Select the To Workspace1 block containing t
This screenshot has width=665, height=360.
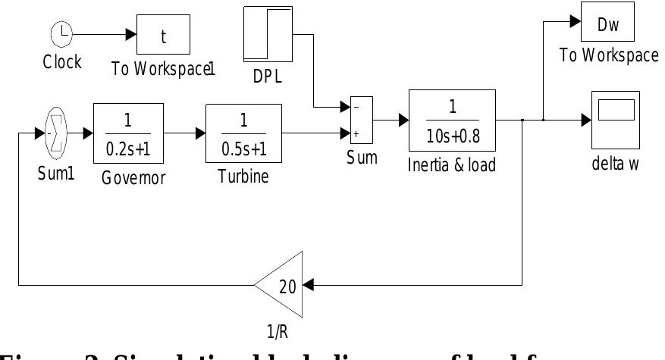point(162,33)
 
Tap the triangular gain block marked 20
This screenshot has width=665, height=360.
point(282,285)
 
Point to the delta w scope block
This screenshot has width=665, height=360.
point(613,119)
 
